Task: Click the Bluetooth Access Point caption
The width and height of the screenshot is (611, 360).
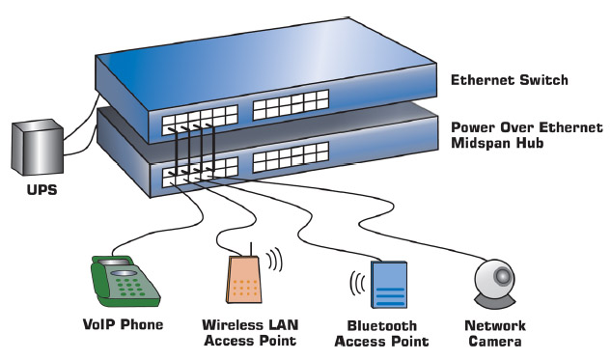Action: [384, 333]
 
